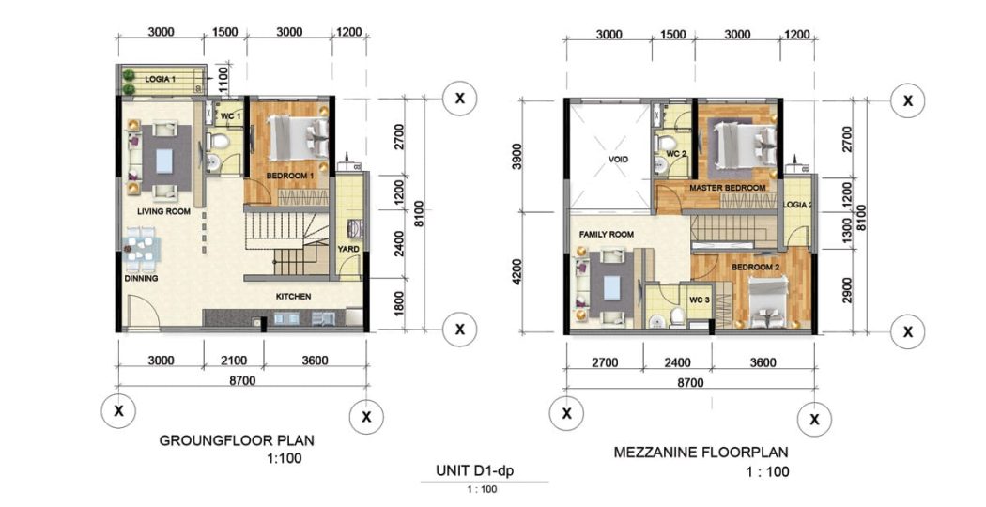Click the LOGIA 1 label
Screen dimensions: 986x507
click(160, 79)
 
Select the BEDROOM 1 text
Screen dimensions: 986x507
click(290, 177)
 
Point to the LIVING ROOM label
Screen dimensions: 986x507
click(163, 212)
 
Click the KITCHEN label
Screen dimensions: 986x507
click(294, 297)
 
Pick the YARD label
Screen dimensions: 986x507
click(348, 249)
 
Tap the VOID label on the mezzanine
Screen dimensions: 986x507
click(618, 160)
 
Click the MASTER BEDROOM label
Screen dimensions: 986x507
click(728, 188)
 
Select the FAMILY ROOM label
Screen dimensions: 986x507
click(607, 235)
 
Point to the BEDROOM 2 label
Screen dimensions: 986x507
click(755, 268)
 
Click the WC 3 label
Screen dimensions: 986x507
click(700, 300)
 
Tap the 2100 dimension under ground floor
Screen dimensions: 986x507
click(233, 361)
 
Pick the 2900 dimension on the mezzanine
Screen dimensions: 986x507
click(848, 290)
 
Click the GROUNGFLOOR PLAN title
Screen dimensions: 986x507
click(237, 440)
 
